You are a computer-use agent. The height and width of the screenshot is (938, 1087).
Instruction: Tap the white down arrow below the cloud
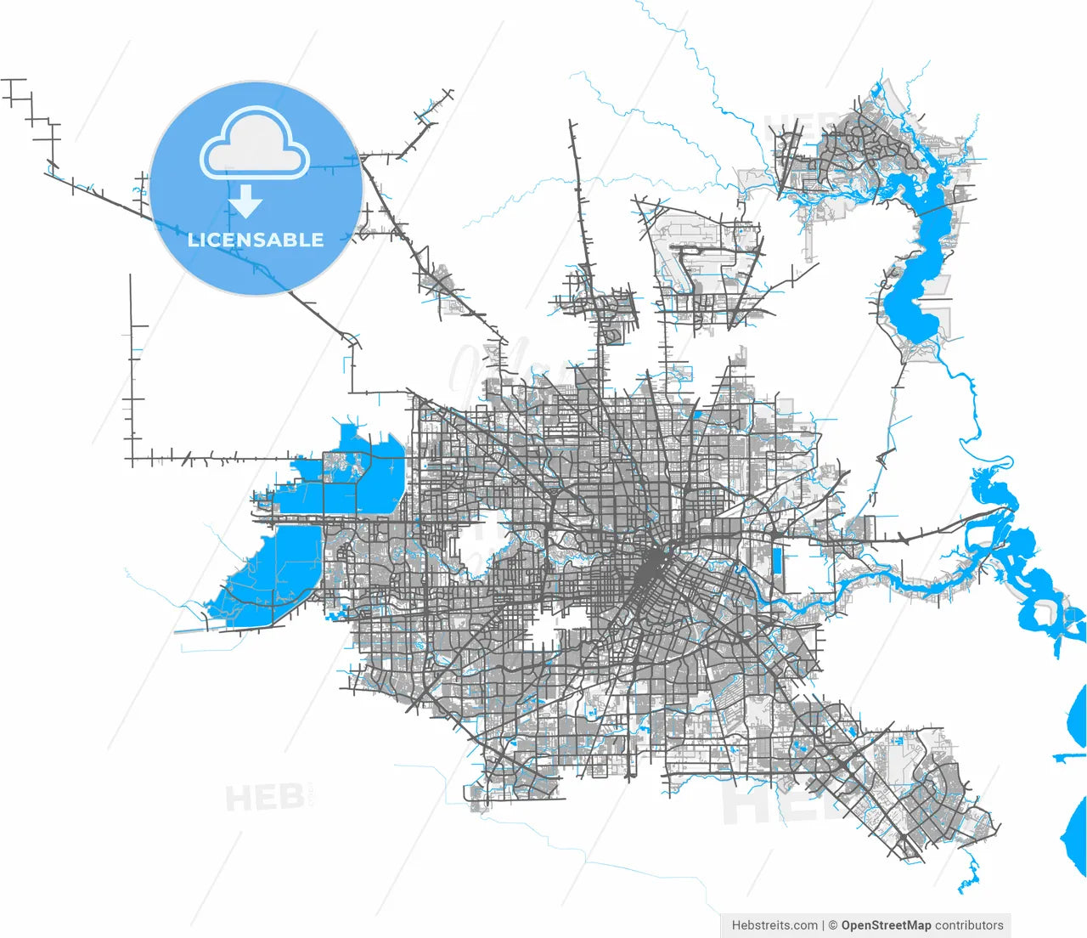pos(246,203)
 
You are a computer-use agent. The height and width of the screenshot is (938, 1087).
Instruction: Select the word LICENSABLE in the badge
pos(256,240)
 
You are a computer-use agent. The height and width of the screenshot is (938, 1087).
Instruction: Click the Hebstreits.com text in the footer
pos(774,925)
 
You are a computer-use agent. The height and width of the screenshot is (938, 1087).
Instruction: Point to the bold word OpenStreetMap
pos(886,925)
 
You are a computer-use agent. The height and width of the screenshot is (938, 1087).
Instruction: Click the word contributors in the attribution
pos(969,925)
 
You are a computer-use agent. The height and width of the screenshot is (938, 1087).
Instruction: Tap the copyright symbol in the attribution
pos(833,925)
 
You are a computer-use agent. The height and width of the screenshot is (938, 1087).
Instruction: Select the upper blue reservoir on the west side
pos(357,476)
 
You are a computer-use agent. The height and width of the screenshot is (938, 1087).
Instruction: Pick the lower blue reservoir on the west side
pos(272,574)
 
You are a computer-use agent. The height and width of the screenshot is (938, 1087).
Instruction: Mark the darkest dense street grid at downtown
pos(650,569)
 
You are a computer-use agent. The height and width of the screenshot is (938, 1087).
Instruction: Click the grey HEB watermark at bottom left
pos(265,798)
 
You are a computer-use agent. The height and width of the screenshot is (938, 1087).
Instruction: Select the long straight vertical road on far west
pos(131,365)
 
